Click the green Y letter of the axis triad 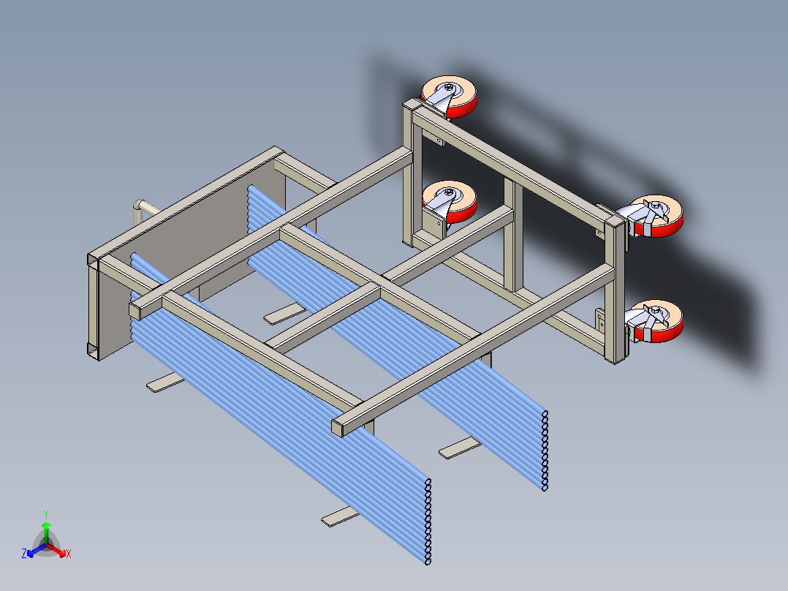point(46,514)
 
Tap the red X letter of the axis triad point(69,554)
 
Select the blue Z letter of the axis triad point(24,553)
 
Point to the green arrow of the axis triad point(46,532)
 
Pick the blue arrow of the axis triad point(37,549)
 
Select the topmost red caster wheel point(450,97)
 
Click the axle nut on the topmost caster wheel point(448,88)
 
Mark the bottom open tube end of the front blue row point(428,560)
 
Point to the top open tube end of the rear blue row point(545,414)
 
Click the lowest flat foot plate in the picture point(340,516)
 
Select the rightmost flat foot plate point(459,448)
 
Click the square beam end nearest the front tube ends point(338,428)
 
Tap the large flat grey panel point(191,262)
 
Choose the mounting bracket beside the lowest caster point(601,320)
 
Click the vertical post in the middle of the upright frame point(513,234)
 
